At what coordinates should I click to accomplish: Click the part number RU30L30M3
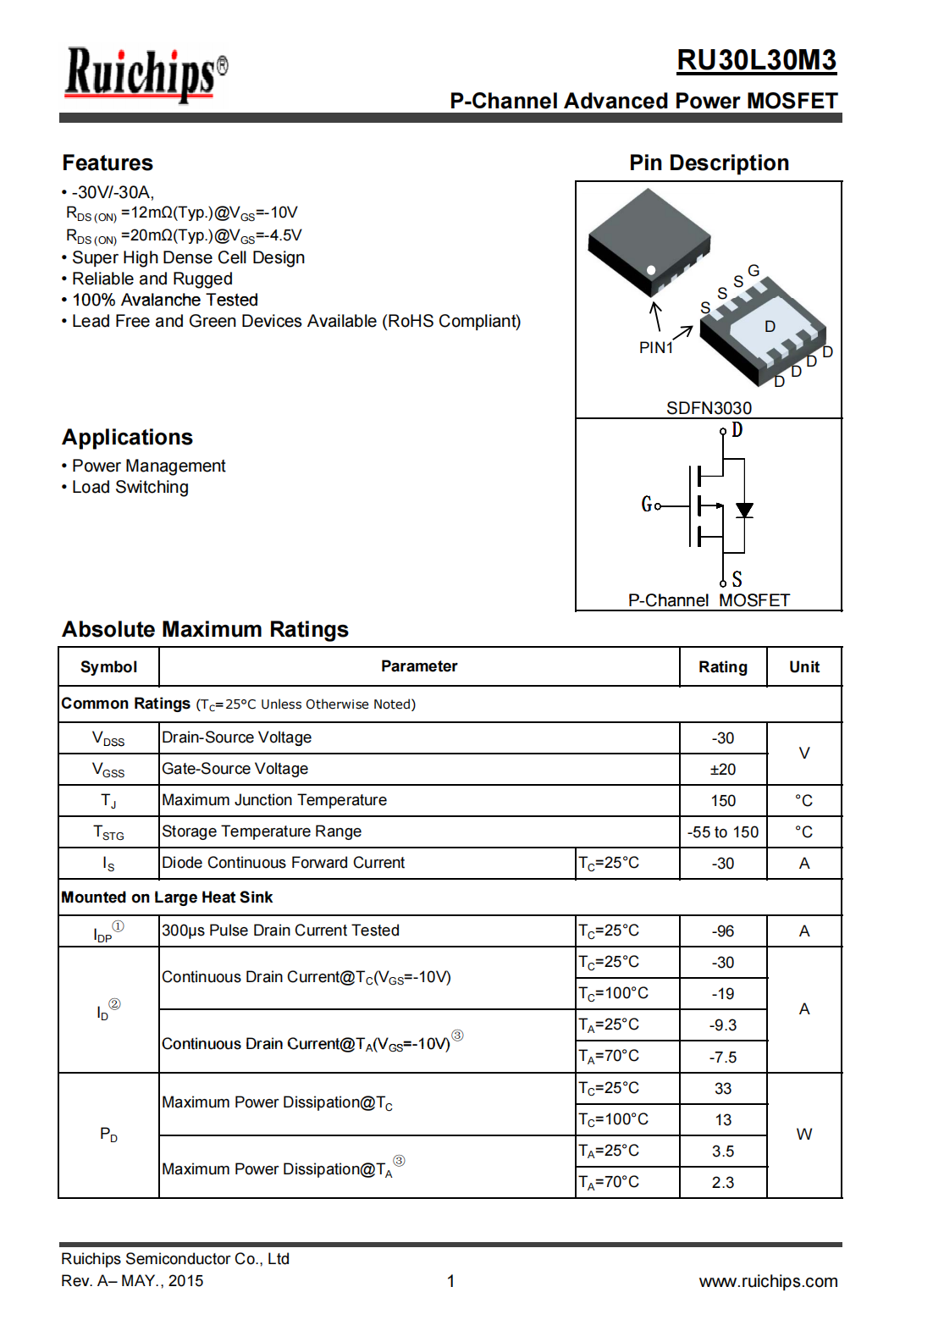click(756, 60)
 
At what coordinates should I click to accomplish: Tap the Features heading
click(108, 163)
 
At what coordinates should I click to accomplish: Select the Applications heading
click(127, 437)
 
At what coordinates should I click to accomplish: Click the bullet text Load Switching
click(130, 487)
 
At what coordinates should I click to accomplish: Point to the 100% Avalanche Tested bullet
click(165, 300)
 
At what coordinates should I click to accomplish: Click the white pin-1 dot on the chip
click(651, 270)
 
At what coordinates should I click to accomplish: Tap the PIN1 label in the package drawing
click(656, 347)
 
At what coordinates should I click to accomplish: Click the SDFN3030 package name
click(709, 407)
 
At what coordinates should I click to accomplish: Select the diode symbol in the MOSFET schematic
click(744, 510)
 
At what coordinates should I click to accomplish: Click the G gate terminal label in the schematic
click(647, 505)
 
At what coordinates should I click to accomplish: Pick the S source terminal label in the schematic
click(737, 579)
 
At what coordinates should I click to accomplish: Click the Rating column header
click(722, 667)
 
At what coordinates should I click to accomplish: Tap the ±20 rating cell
click(722, 770)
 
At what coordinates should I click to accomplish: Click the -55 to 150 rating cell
click(722, 832)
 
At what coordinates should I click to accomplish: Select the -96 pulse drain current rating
click(722, 931)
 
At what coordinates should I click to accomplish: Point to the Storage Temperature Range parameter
click(262, 831)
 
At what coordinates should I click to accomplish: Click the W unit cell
click(803, 1135)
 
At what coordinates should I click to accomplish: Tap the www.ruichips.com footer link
click(768, 1281)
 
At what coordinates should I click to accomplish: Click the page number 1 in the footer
click(451, 1281)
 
